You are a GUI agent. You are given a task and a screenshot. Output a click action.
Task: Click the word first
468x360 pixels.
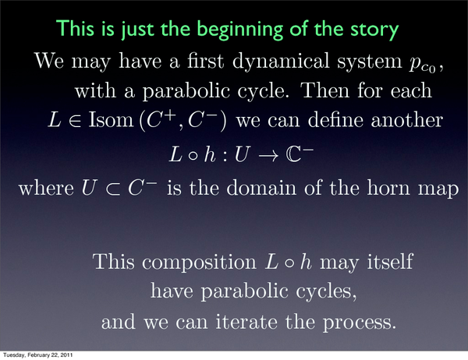pyautogui.click(x=206, y=61)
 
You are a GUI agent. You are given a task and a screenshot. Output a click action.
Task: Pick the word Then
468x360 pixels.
pyautogui.click(x=325, y=90)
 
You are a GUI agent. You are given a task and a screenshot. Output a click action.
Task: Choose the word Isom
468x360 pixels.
pyautogui.click(x=111, y=120)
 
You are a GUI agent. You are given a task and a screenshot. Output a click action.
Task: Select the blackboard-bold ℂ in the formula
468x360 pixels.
pyautogui.click(x=294, y=155)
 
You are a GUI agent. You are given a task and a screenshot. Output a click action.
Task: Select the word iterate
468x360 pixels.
pyautogui.click(x=246, y=322)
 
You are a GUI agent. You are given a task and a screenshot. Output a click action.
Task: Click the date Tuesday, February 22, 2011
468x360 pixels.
pyautogui.click(x=38, y=355)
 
